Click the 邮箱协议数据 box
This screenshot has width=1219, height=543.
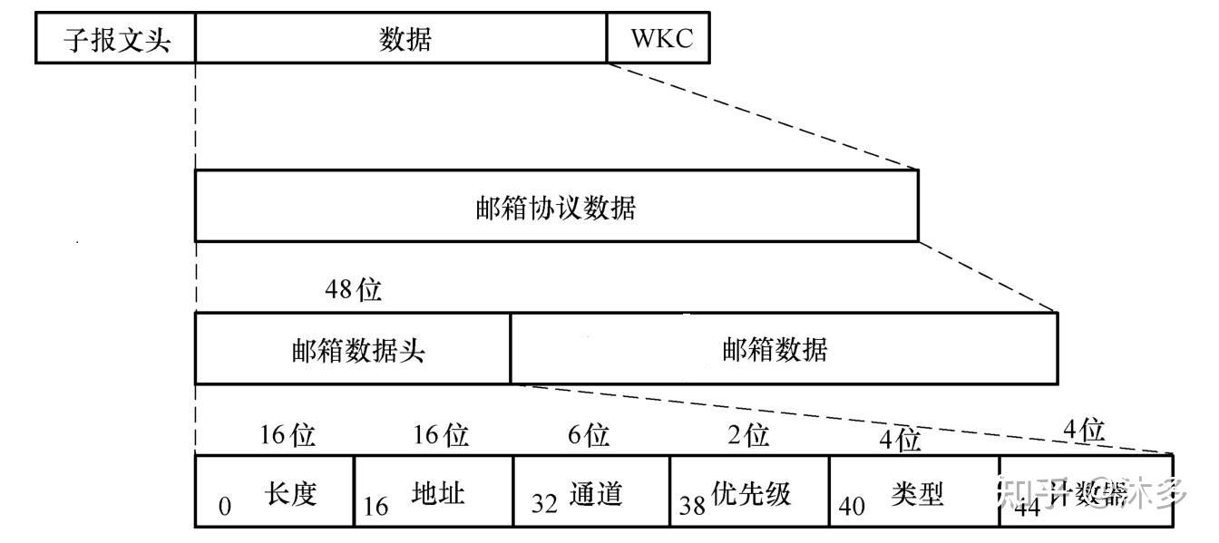click(556, 208)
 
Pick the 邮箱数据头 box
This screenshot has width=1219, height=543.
click(353, 350)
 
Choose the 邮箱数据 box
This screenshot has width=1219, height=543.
click(784, 350)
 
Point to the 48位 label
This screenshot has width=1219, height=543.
click(354, 290)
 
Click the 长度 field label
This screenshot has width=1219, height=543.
click(291, 494)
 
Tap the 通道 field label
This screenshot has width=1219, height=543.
click(596, 494)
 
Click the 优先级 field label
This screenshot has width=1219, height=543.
click(752, 494)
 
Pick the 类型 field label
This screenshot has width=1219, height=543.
click(917, 494)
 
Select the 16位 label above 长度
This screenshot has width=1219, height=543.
click(288, 435)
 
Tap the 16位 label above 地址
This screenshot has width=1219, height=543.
click(441, 435)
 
